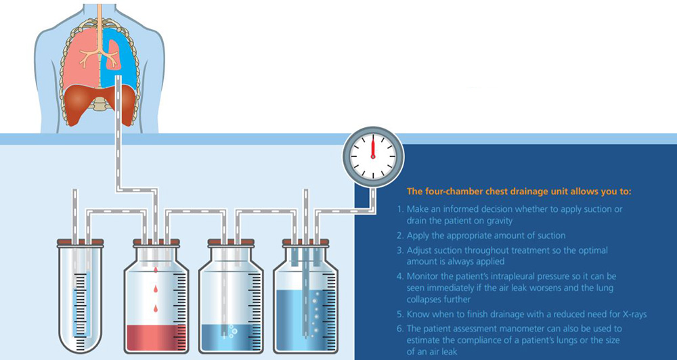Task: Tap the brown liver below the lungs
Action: click(100, 104)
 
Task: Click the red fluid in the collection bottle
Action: click(156, 338)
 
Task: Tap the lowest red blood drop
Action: click(156, 308)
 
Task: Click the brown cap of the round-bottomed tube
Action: click(81, 242)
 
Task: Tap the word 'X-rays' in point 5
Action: click(635, 314)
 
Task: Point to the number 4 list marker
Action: click(400, 275)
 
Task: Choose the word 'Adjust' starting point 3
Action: click(418, 250)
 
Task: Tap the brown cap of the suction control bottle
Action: click(306, 242)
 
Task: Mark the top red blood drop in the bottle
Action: click(156, 270)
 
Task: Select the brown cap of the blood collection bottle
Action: click(156, 242)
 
